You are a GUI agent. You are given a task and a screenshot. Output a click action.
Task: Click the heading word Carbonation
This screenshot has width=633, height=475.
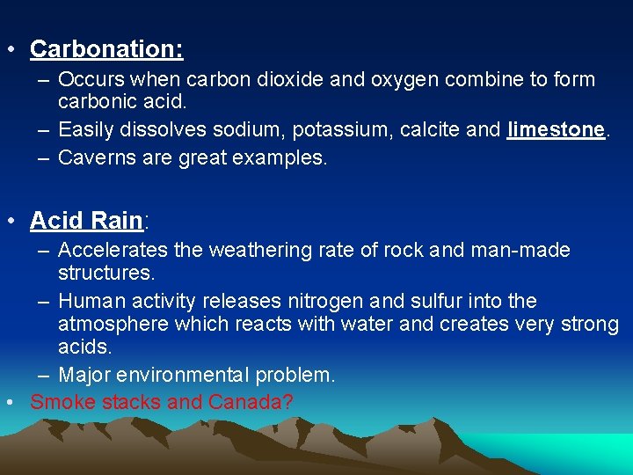click(x=105, y=48)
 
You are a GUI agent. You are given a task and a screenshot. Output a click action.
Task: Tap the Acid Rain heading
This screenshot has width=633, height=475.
click(x=85, y=220)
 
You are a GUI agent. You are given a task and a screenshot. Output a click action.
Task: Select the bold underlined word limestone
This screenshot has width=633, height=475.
click(x=557, y=130)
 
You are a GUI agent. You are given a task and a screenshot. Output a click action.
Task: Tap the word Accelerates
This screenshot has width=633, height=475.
click(x=113, y=251)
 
